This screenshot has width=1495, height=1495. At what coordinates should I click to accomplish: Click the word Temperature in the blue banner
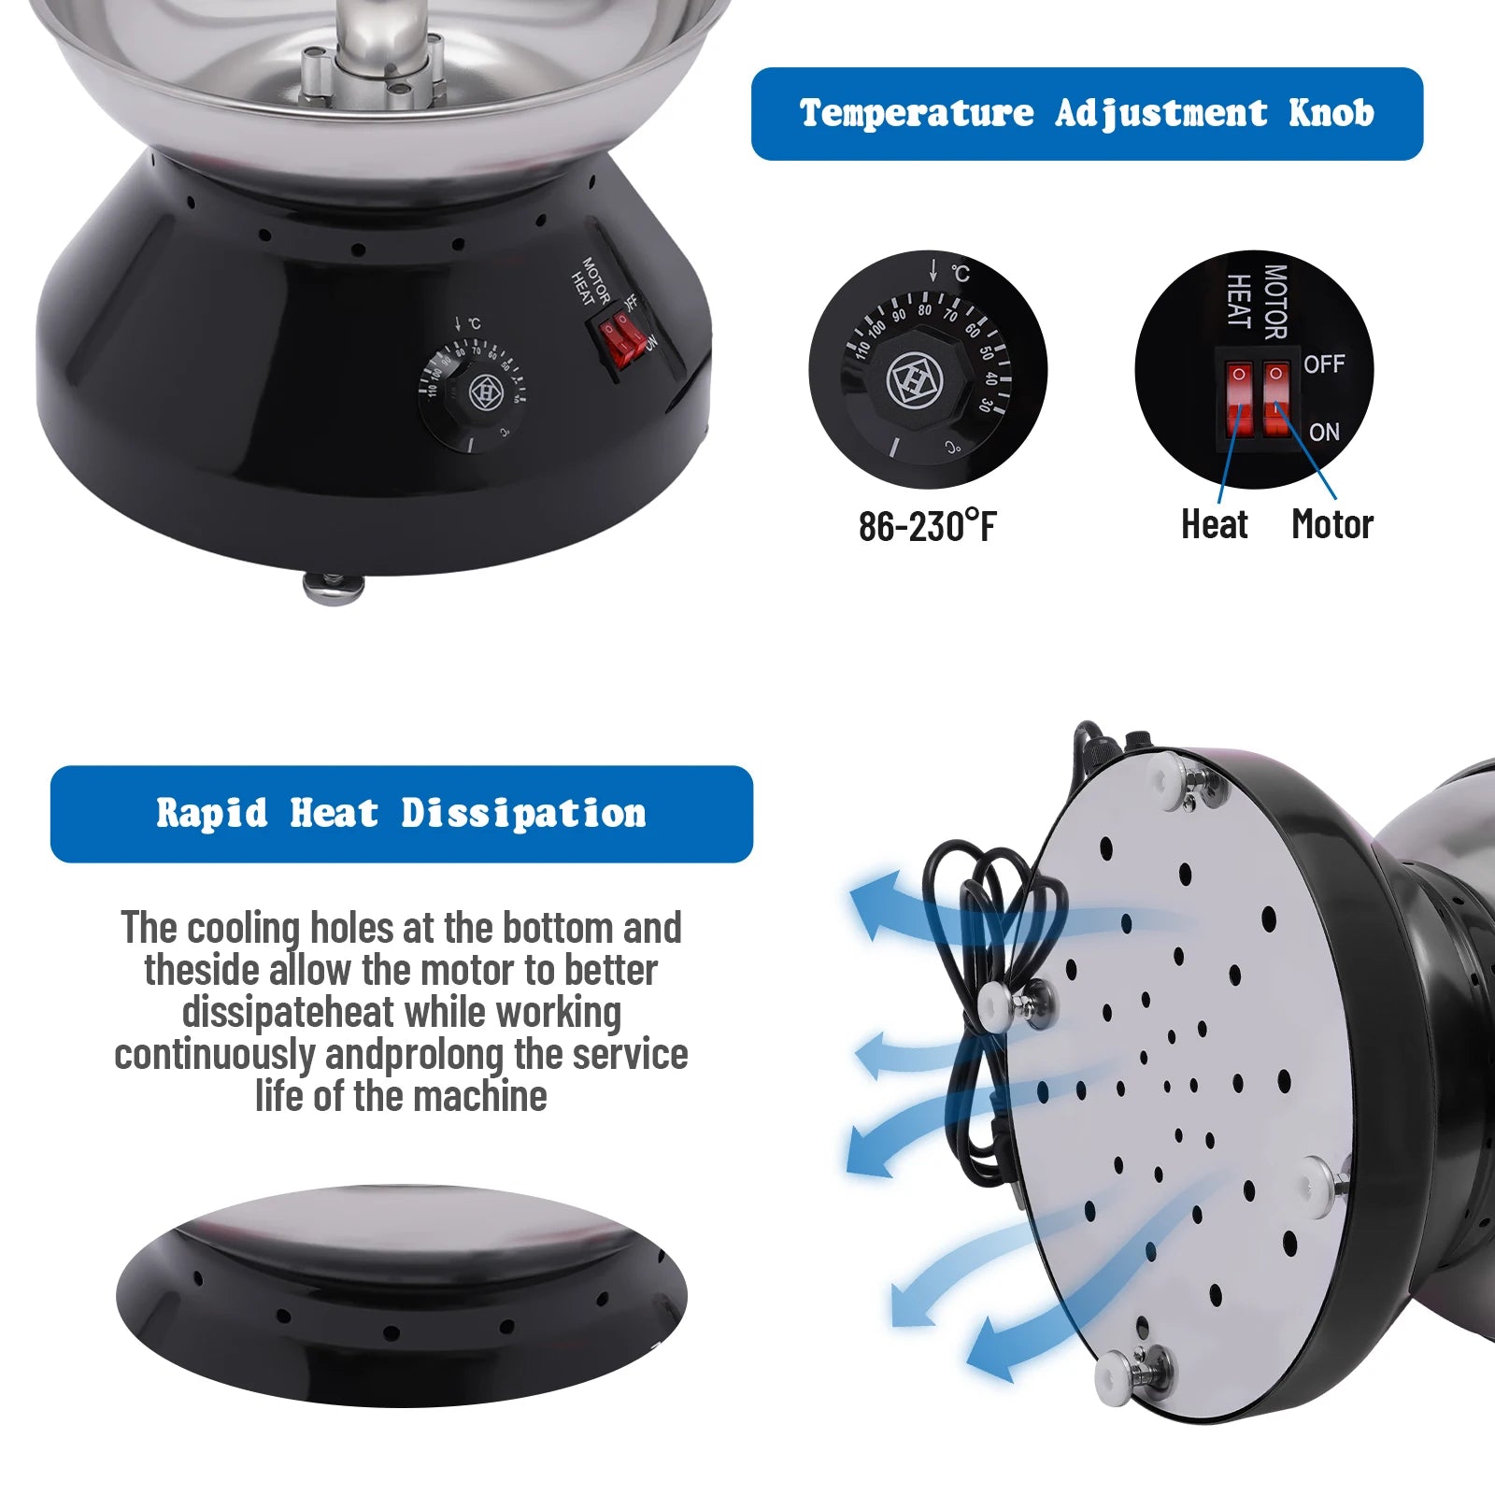[x=917, y=113]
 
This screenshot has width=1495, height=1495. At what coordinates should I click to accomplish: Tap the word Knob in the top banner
[x=1331, y=113]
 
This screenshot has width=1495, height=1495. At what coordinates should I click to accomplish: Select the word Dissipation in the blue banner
[x=523, y=813]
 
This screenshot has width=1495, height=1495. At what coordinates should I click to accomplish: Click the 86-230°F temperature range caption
[x=927, y=525]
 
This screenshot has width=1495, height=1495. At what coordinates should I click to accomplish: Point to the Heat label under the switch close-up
[x=1214, y=524]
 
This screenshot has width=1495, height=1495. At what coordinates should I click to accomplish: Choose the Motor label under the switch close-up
[x=1332, y=524]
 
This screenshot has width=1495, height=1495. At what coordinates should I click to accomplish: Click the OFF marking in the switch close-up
[x=1324, y=363]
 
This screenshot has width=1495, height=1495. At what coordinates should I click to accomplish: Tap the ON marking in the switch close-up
[x=1324, y=432]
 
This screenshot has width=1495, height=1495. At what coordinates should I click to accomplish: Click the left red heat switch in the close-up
[x=1239, y=400]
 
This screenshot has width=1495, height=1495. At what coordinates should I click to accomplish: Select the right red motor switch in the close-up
[x=1275, y=400]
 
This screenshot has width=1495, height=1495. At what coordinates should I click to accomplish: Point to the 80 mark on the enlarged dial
[x=924, y=309]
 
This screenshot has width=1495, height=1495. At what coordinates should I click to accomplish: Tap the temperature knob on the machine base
[x=473, y=393]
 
